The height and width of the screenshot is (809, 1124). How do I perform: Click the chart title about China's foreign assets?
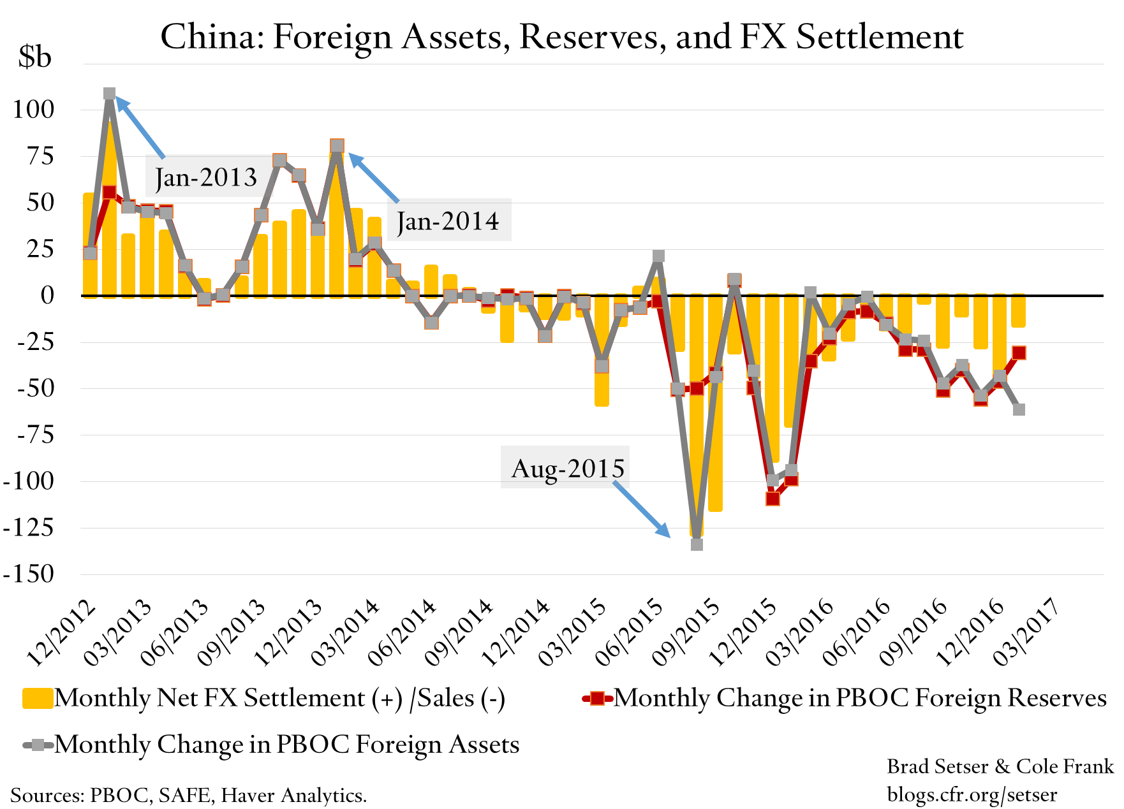(x=561, y=37)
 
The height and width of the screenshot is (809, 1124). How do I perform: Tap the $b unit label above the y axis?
(x=34, y=57)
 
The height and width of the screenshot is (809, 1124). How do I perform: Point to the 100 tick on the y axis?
(x=34, y=109)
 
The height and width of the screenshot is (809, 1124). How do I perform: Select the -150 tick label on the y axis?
(x=29, y=574)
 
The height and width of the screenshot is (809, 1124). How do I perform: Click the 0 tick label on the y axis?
(x=47, y=295)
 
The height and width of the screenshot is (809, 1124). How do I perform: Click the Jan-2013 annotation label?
(x=206, y=177)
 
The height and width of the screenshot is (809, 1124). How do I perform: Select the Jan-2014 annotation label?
(x=448, y=221)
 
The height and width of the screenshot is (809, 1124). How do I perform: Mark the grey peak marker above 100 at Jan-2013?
(x=109, y=94)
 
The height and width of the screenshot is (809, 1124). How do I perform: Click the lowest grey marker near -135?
(x=697, y=544)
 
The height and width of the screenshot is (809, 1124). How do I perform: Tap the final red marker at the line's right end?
(x=1019, y=353)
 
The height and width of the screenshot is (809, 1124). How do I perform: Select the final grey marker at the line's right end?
(x=1019, y=409)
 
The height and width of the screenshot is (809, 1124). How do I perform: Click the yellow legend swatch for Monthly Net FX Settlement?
(x=37, y=699)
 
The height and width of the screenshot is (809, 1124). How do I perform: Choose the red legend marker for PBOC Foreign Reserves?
(x=597, y=699)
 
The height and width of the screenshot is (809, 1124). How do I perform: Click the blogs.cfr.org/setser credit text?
(x=972, y=795)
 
